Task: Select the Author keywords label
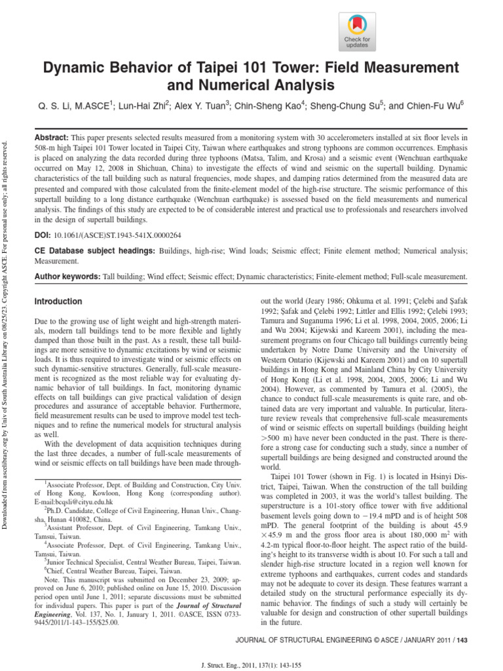66,277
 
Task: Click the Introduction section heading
58,301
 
